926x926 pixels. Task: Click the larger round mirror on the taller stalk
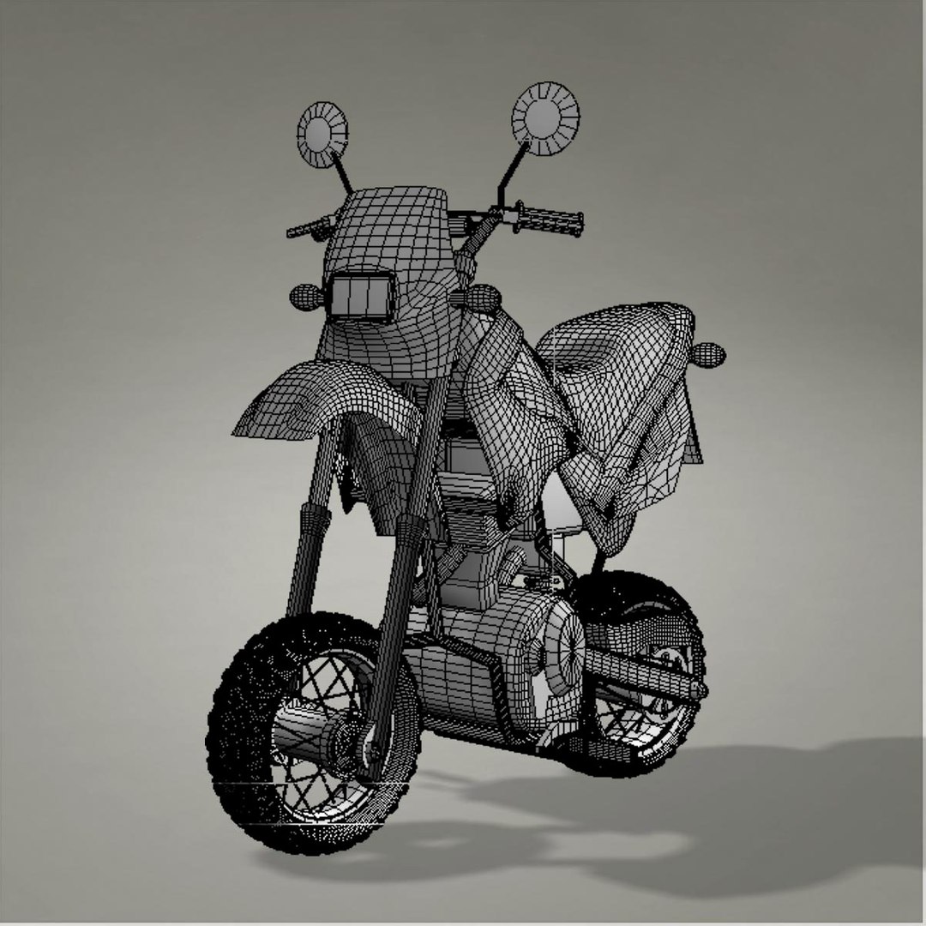545,119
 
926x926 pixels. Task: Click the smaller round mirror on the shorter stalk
322,134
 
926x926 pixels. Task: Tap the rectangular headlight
361,297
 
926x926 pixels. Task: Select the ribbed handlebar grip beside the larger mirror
549,221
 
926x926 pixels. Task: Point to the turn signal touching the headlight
307,297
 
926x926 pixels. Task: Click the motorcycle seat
617,343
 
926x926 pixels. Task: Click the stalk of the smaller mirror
342,173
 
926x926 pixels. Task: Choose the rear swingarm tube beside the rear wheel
643,673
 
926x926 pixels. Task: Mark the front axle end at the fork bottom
372,755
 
